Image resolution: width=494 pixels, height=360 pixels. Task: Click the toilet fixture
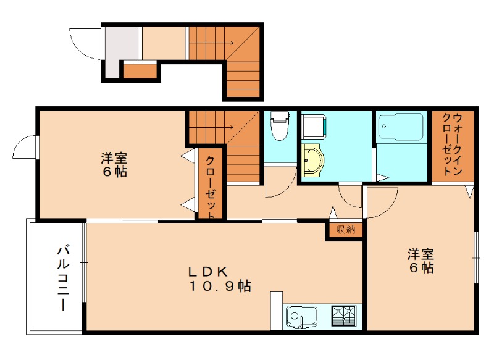tap(280, 126)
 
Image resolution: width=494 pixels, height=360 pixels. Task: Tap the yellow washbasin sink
tap(312, 161)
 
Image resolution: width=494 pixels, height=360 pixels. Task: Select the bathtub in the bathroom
tap(401, 127)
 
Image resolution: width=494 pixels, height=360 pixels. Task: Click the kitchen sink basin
tap(301, 317)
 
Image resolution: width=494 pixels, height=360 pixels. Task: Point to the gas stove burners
tap(343, 316)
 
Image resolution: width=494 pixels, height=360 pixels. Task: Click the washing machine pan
tap(314, 127)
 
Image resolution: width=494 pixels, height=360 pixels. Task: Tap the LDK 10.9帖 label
tap(220, 278)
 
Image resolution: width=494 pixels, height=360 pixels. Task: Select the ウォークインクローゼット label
tap(453, 144)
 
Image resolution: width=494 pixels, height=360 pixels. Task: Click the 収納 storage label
tap(346, 229)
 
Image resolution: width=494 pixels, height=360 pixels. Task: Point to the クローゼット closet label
tap(211, 188)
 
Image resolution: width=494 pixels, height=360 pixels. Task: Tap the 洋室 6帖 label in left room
tap(114, 165)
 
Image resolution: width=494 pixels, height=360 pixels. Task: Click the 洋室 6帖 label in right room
tap(421, 261)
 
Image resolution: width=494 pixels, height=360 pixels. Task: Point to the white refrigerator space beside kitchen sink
tap(277, 311)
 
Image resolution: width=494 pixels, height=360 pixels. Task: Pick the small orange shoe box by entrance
tap(140, 71)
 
